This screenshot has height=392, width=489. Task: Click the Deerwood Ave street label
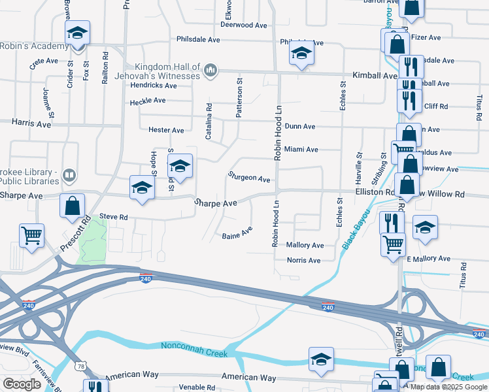tap(244, 25)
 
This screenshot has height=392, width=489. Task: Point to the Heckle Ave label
tap(148, 101)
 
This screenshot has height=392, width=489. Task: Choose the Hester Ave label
tap(166, 130)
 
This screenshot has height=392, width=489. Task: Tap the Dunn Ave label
tap(300, 126)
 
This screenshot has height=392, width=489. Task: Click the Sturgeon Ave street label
tap(249, 178)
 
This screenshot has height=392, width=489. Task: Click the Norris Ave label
tap(303, 260)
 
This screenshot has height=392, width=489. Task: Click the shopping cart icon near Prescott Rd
tap(31, 235)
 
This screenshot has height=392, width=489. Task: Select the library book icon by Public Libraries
tap(69, 175)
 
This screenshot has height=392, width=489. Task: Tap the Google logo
tap(22, 384)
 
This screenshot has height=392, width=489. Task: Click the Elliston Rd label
tap(374, 193)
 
